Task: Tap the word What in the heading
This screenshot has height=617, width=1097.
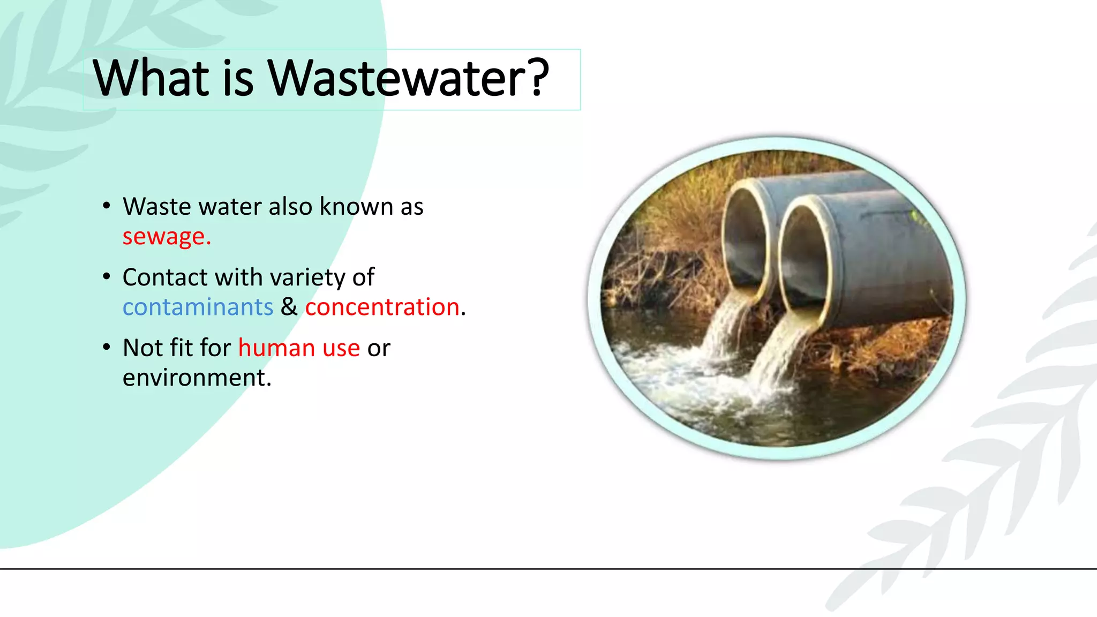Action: (151, 78)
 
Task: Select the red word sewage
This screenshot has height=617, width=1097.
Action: (166, 237)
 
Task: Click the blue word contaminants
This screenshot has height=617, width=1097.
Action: (198, 307)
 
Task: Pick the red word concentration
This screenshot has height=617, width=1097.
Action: (382, 307)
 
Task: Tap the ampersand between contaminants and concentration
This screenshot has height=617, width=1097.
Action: (289, 307)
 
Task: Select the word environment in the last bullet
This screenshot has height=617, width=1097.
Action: (197, 378)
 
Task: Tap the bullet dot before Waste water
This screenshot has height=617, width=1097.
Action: (107, 206)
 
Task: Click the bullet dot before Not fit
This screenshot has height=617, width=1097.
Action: (107, 348)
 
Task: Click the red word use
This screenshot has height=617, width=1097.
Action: (341, 348)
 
